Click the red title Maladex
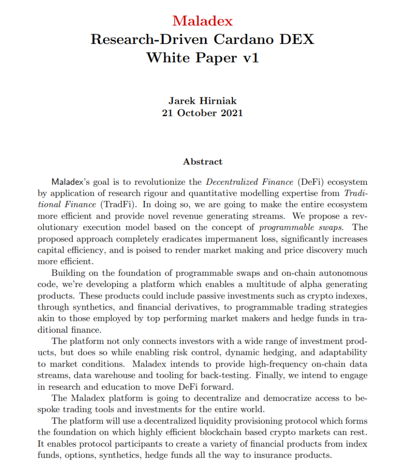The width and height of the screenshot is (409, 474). point(202,21)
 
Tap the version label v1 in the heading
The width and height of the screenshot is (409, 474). point(248,58)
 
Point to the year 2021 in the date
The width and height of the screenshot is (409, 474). point(232,112)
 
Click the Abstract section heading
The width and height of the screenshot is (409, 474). point(202,162)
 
